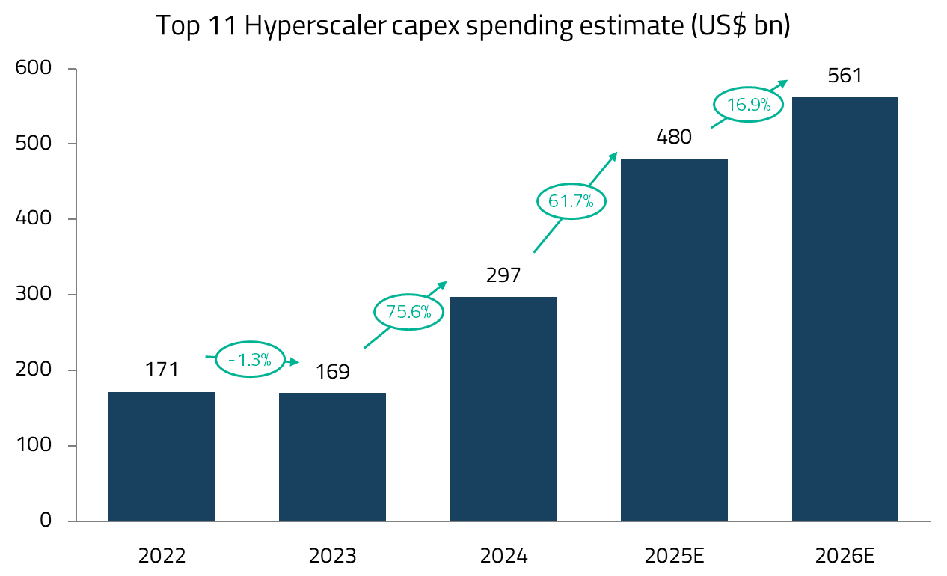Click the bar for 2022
[162, 456]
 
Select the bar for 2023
[332, 457]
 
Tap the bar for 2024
[503, 408]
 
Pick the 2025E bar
[674, 340]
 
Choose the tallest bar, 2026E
[845, 309]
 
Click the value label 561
[845, 76]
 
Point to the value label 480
[674, 138]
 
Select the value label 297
[503, 276]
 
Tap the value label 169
[332, 372]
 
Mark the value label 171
[162, 370]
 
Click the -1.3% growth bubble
[250, 360]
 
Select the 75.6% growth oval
[408, 312]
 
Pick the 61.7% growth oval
[571, 200]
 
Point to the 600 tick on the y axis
[35, 69]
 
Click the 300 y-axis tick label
[35, 295]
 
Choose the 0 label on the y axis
[46, 521]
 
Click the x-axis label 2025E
[674, 556]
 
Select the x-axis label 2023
[332, 556]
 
